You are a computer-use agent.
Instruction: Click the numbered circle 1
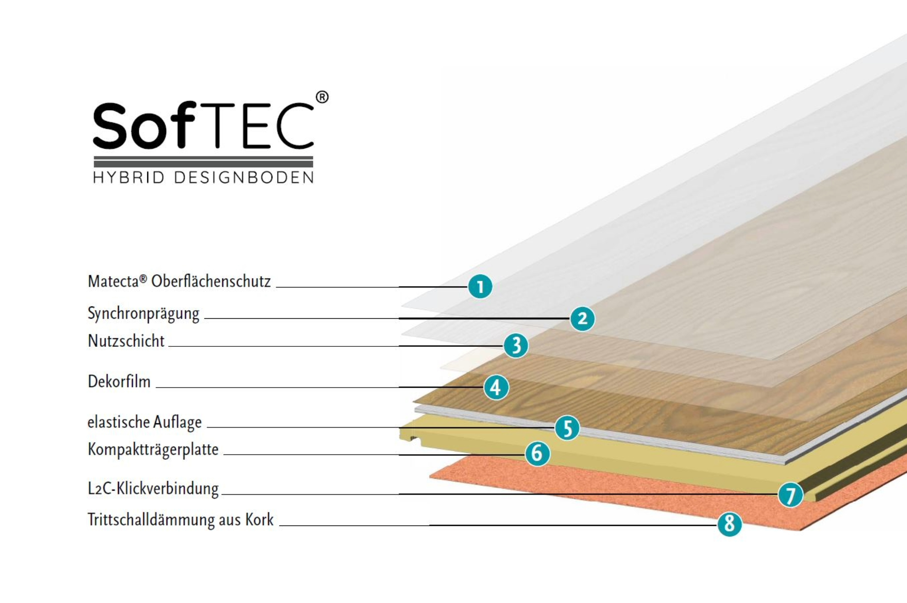click(x=480, y=287)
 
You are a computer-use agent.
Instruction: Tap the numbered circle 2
click(x=582, y=319)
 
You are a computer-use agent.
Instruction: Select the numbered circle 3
click(x=516, y=345)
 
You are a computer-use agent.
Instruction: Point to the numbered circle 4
click(x=496, y=387)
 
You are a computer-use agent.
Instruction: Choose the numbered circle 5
click(x=567, y=428)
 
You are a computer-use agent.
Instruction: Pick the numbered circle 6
click(x=537, y=453)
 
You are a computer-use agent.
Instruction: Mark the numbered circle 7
click(x=790, y=495)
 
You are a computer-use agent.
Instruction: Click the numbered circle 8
click(x=729, y=524)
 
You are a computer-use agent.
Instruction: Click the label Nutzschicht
click(x=126, y=341)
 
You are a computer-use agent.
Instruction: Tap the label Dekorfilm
click(x=119, y=381)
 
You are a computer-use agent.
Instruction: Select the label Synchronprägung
click(x=143, y=314)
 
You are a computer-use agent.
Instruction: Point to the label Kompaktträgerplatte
click(x=153, y=450)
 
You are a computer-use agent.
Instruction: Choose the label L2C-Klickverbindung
click(x=153, y=488)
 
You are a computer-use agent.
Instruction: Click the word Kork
click(x=259, y=520)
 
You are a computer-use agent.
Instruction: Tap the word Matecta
click(x=113, y=282)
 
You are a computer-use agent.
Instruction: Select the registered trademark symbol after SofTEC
click(x=322, y=97)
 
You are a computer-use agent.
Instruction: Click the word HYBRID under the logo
click(x=128, y=177)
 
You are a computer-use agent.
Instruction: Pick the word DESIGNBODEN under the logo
click(x=244, y=177)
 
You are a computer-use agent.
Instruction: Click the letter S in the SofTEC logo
click(x=109, y=126)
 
